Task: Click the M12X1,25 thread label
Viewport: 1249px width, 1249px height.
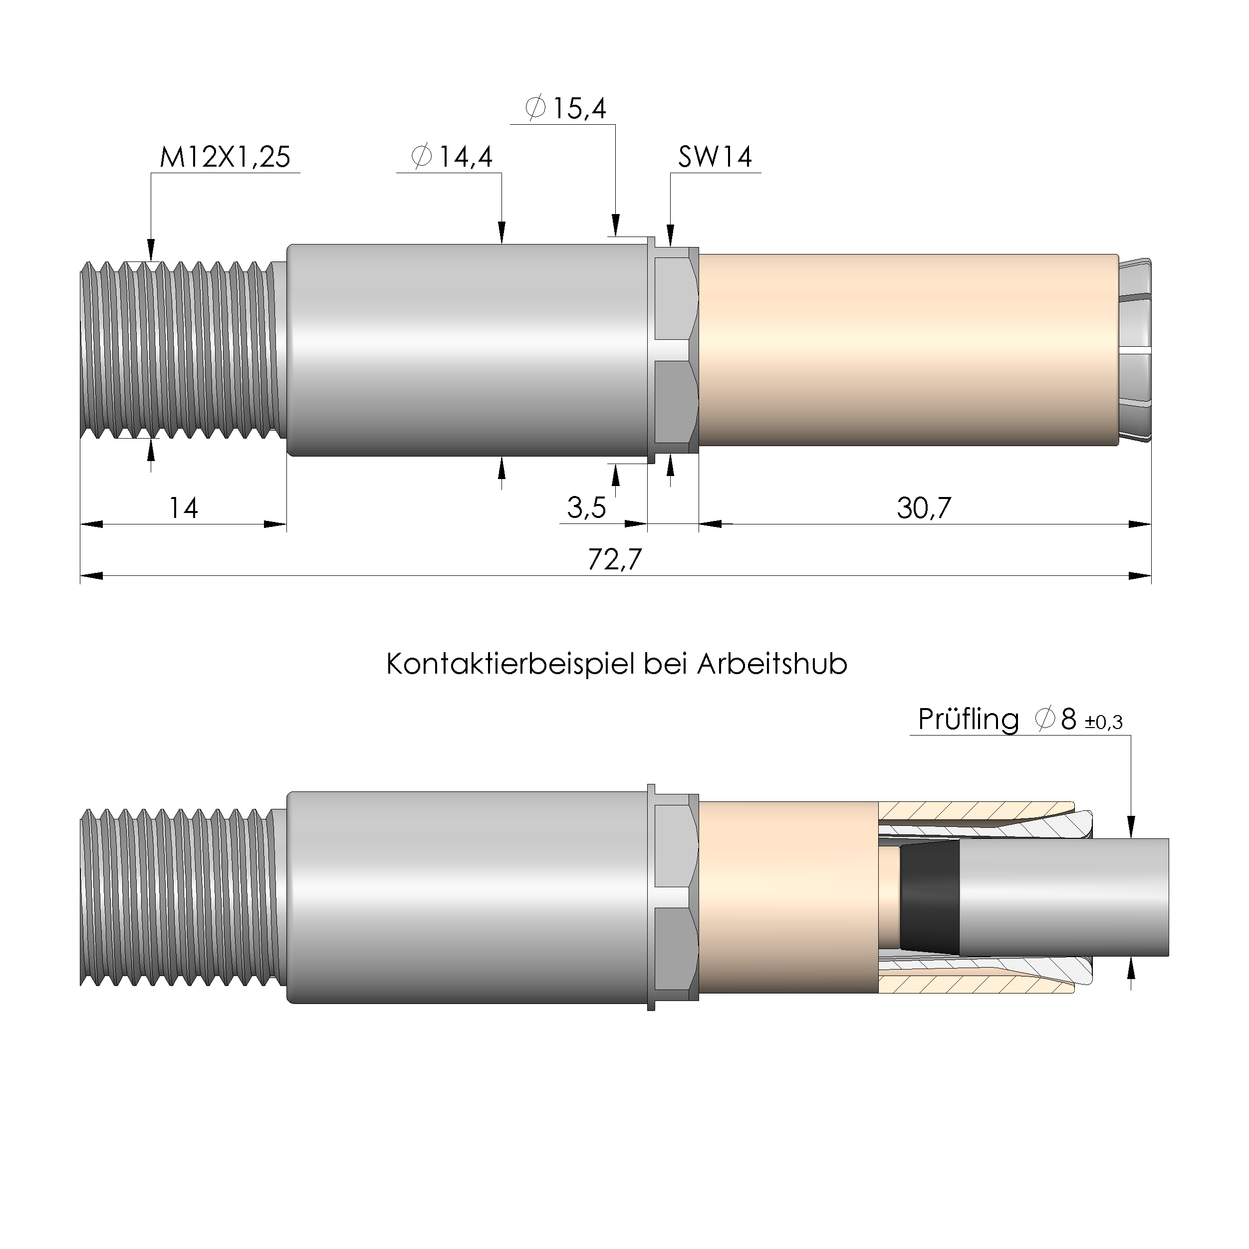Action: coord(225,157)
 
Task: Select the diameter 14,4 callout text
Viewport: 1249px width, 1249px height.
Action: coord(452,157)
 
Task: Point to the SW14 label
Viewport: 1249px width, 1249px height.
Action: coord(715,157)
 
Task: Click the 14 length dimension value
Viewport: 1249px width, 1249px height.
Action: coord(183,508)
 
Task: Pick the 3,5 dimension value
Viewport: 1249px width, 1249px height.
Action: coord(586,508)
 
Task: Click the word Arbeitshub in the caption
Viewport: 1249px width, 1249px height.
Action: coord(772,665)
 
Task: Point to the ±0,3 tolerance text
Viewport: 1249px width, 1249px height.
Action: coord(1104,723)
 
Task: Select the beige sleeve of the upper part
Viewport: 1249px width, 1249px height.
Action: coord(905,350)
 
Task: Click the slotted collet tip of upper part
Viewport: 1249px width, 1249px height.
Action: coord(1135,350)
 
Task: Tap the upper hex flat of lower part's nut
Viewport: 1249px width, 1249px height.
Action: coord(675,846)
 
